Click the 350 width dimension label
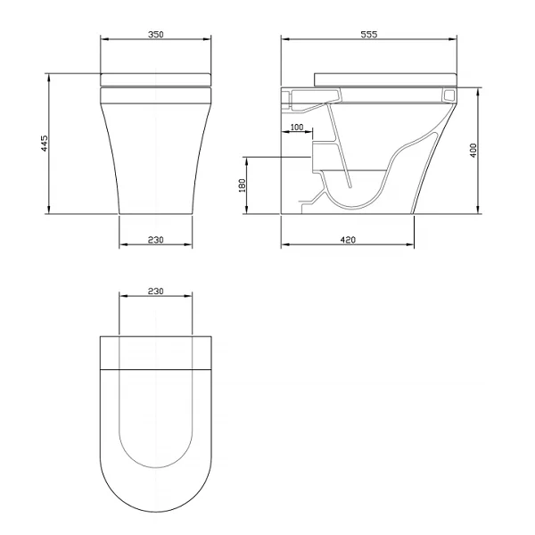[x=155, y=35]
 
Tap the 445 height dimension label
[x=45, y=144]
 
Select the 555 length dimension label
[x=369, y=35]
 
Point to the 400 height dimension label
[x=473, y=151]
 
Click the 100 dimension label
[x=297, y=128]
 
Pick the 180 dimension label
[x=242, y=185]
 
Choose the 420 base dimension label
[x=348, y=240]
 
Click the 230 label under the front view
[x=155, y=240]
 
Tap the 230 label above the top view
[x=155, y=291]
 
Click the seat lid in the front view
[x=155, y=79]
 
